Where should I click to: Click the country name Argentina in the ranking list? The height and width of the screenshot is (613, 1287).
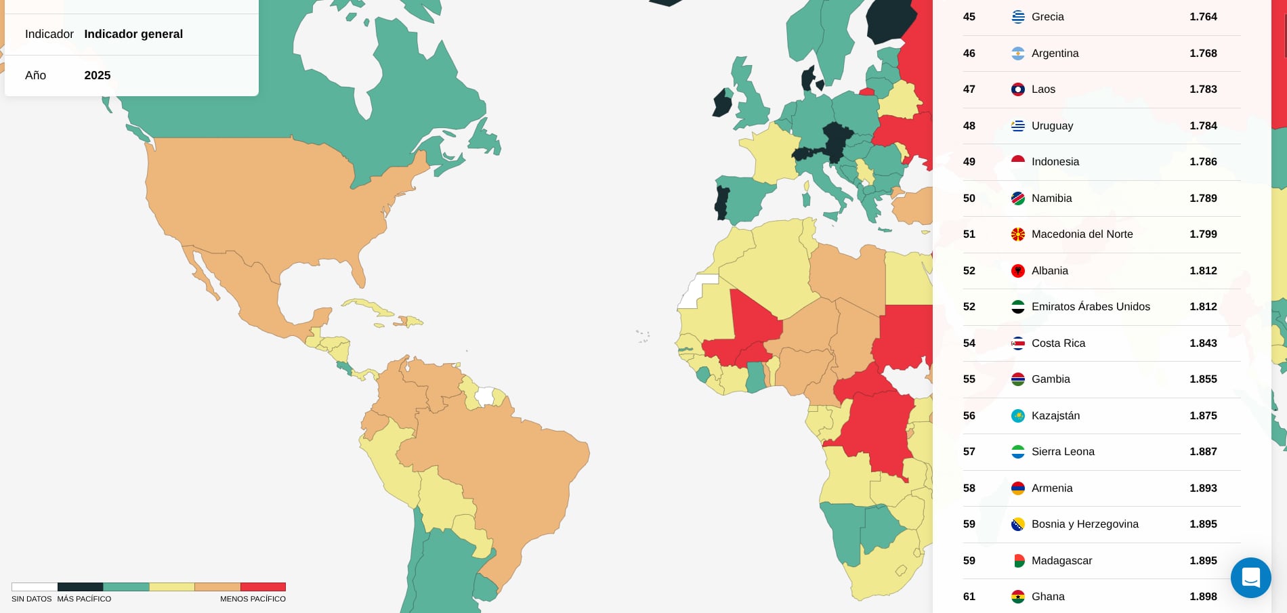tap(1055, 54)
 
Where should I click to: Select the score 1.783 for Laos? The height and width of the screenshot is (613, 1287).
tap(1203, 89)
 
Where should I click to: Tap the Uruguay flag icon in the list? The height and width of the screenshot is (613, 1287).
tap(1017, 126)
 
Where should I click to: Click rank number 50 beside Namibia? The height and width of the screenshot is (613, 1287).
tap(969, 198)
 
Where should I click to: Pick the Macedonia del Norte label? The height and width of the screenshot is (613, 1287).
tap(1082, 234)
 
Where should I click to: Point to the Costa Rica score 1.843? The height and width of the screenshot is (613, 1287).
tap(1203, 343)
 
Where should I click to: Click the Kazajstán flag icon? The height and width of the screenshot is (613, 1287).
tap(1017, 416)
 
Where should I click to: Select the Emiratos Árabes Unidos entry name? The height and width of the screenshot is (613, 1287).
tap(1091, 307)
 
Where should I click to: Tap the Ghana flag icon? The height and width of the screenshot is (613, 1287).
tap(1017, 597)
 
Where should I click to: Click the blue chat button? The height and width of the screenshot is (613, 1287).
tap(1250, 578)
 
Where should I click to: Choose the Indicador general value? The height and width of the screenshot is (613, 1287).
tap(133, 35)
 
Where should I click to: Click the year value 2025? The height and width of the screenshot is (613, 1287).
tap(98, 76)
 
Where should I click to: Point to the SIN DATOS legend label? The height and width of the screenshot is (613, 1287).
tap(31, 599)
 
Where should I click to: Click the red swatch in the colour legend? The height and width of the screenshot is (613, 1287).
tap(263, 587)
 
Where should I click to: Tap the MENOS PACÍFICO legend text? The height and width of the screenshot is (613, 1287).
tap(253, 599)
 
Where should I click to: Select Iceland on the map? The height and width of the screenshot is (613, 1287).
tap(667, 2)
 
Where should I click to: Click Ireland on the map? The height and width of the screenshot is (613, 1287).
tap(723, 104)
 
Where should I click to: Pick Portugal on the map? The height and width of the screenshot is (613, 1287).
tap(722, 203)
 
